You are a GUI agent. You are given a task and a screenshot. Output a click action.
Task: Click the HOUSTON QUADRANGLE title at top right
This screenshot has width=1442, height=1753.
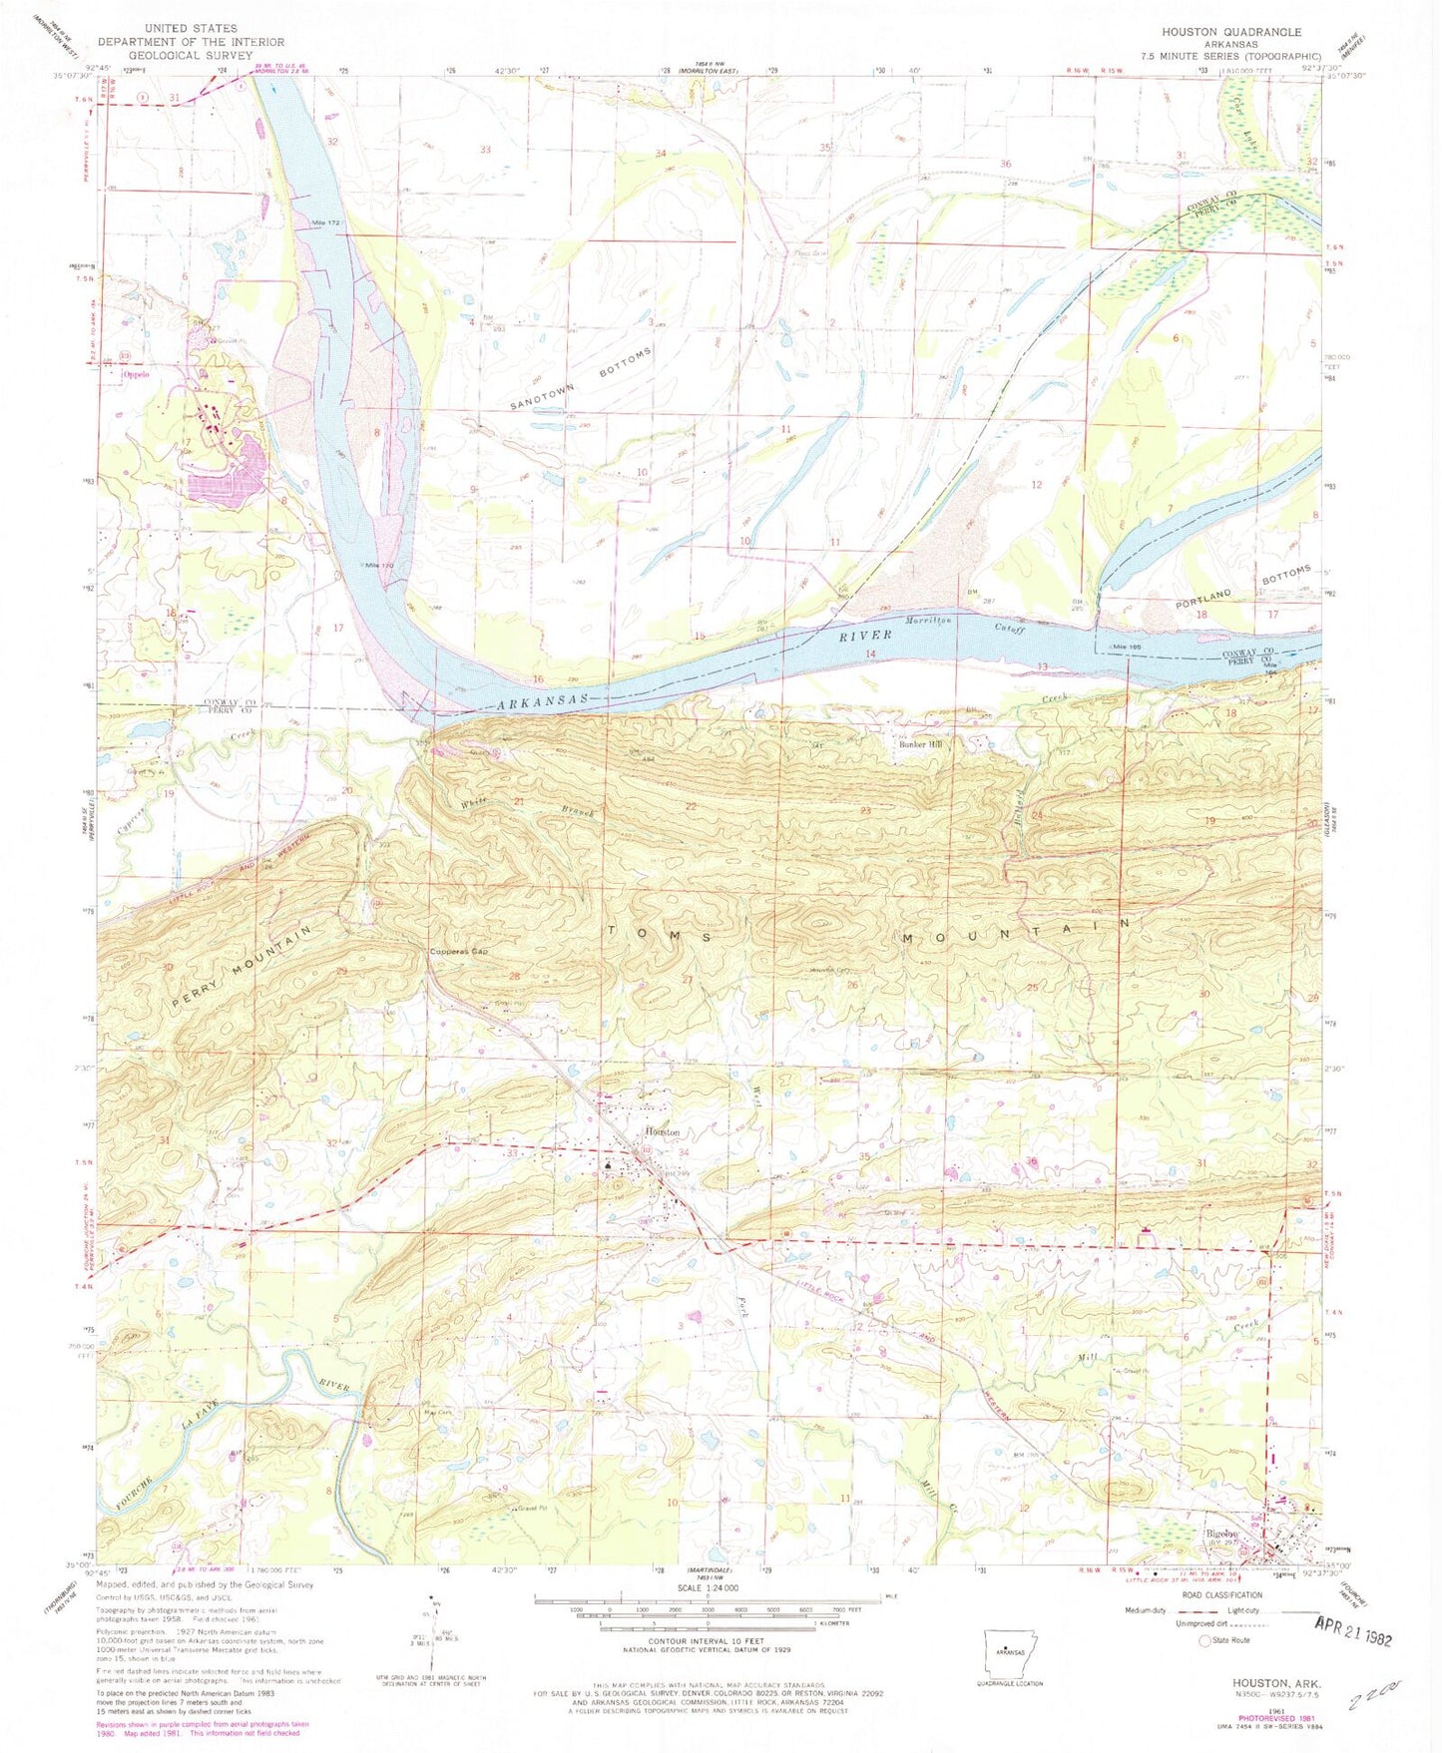(1230, 32)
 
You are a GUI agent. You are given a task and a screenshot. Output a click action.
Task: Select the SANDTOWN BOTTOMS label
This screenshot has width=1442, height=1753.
(581, 379)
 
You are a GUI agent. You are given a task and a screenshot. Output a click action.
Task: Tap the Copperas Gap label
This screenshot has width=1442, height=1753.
(459, 951)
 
